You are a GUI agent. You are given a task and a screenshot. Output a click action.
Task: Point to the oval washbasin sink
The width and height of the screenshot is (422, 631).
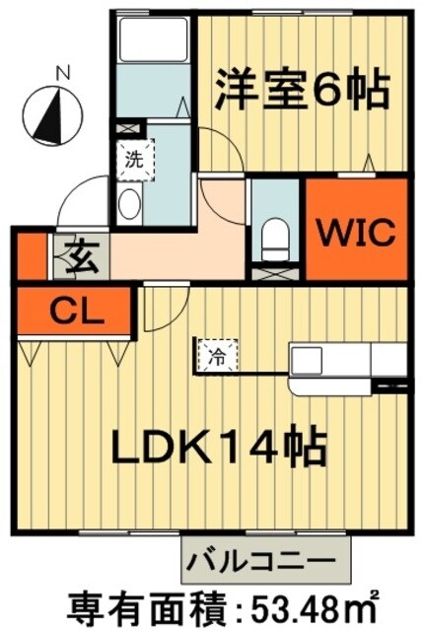pyautogui.click(x=129, y=204)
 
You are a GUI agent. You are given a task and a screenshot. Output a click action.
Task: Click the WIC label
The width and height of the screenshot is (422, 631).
pyautogui.click(x=356, y=233)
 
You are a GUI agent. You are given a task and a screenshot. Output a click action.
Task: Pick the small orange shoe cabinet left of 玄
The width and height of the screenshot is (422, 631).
pyautogui.click(x=32, y=258)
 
